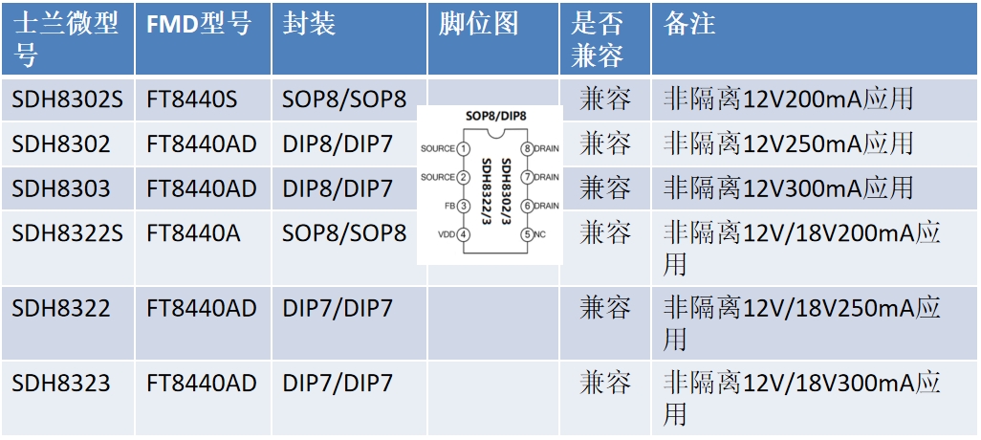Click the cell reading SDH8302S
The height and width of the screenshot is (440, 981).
coord(68,99)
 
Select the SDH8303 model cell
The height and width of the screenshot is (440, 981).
coord(61,188)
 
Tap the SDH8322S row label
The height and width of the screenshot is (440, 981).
coord(68,232)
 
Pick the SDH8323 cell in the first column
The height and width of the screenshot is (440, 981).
coord(61,384)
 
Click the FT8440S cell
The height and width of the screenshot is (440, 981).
coord(192,99)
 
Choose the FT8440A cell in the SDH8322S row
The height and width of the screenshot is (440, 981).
coord(193,232)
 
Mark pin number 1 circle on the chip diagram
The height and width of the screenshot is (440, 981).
coord(464,149)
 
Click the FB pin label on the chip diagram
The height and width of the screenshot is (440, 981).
coord(448,206)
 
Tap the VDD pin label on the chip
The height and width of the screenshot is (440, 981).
coord(447,234)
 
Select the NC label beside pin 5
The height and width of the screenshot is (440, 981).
coord(540,234)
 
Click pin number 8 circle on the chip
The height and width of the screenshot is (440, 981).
coord(526,149)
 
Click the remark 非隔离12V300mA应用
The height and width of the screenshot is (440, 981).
coord(789,188)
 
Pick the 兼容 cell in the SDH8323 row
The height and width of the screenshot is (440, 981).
coord(605,384)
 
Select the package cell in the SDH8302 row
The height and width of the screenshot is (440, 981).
coord(338,144)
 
